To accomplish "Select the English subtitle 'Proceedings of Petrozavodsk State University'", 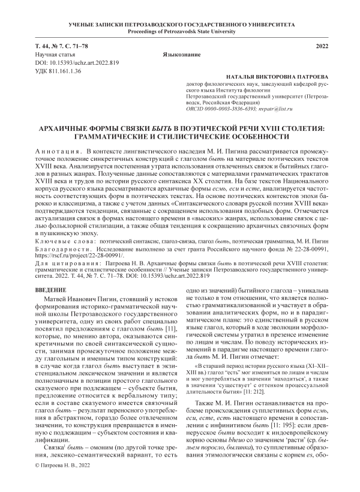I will click(179, 31).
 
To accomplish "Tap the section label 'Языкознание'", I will click(180, 55).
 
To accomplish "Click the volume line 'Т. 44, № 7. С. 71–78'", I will click(61, 46).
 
